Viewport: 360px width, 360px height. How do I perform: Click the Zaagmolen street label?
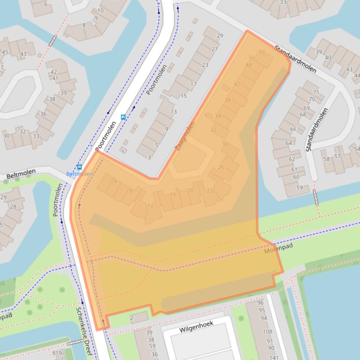point(185,136)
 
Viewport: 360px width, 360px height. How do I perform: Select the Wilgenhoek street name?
point(196,330)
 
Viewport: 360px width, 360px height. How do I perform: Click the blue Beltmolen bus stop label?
point(79,174)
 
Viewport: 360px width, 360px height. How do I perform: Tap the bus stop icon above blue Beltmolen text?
point(79,167)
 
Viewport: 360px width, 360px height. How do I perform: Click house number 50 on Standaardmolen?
point(261,52)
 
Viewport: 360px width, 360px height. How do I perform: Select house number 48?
point(249,65)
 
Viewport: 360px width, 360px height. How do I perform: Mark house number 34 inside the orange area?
point(217,116)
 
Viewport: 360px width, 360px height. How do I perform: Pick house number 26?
point(220,167)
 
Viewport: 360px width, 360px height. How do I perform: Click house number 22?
point(210,191)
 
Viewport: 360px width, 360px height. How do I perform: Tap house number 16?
point(173,194)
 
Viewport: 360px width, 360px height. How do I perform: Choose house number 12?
point(150,206)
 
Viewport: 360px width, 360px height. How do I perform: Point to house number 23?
point(205,65)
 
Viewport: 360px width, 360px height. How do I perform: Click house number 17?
point(193,85)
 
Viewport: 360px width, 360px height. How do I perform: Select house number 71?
point(316,92)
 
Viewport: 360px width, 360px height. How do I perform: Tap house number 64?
point(288,144)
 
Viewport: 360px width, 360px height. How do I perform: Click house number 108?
point(267,332)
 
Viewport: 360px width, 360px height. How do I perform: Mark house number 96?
point(261,303)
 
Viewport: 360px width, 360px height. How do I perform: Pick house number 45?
point(5,52)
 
